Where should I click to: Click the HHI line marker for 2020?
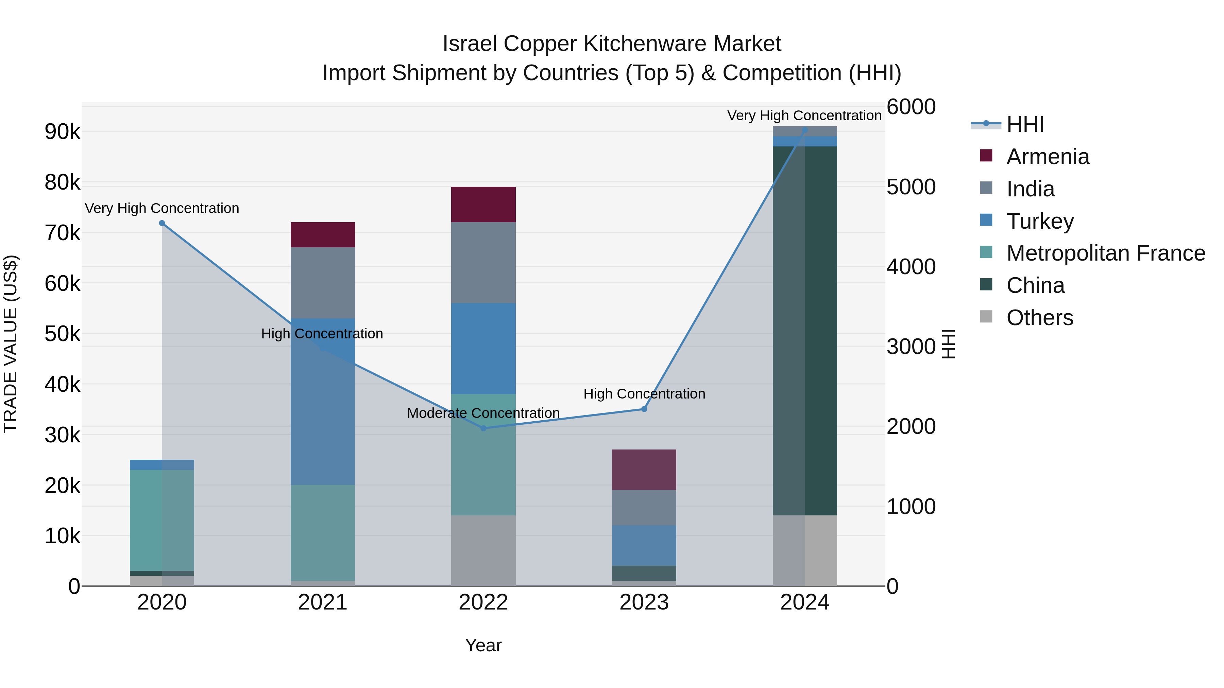[162, 223]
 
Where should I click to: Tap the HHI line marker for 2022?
[483, 428]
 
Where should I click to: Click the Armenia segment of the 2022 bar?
[483, 205]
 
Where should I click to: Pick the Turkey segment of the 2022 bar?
[483, 349]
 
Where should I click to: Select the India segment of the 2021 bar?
[323, 283]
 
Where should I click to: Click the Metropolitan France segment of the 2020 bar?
[162, 521]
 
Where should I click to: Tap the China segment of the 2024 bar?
[805, 331]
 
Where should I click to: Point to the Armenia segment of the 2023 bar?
[644, 470]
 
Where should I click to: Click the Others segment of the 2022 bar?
[483, 550]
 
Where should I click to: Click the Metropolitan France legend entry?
[1106, 253]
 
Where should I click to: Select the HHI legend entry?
[1025, 124]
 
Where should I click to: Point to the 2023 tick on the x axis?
[644, 602]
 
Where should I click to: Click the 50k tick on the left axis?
[63, 334]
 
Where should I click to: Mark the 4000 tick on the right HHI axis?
[911, 267]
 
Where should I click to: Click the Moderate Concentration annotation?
[483, 413]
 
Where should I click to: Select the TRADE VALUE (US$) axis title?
[11, 344]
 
